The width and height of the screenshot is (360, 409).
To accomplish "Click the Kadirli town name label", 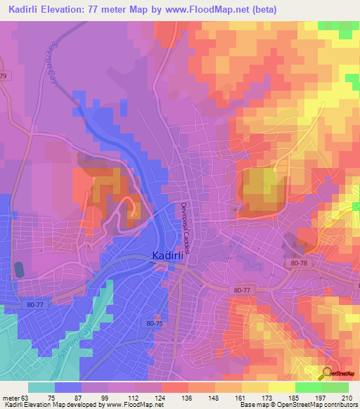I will (x=167, y=257).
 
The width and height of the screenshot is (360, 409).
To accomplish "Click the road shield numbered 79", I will (x=3, y=75).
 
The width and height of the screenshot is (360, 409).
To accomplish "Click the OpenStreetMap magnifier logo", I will (x=327, y=374).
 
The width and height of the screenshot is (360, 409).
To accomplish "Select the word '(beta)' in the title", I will (x=265, y=10).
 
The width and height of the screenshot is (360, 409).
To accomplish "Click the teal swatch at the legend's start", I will (x=41, y=387).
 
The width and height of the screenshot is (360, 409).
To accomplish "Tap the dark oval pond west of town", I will (x=18, y=269).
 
